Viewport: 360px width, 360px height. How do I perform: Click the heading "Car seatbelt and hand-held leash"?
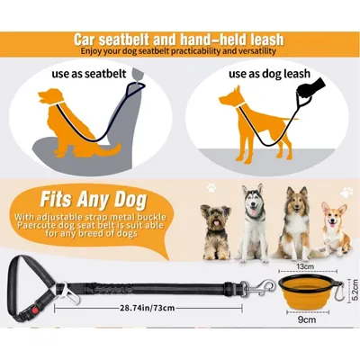180,40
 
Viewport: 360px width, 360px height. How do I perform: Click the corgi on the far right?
334,229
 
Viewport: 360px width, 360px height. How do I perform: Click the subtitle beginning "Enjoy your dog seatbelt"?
180,53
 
